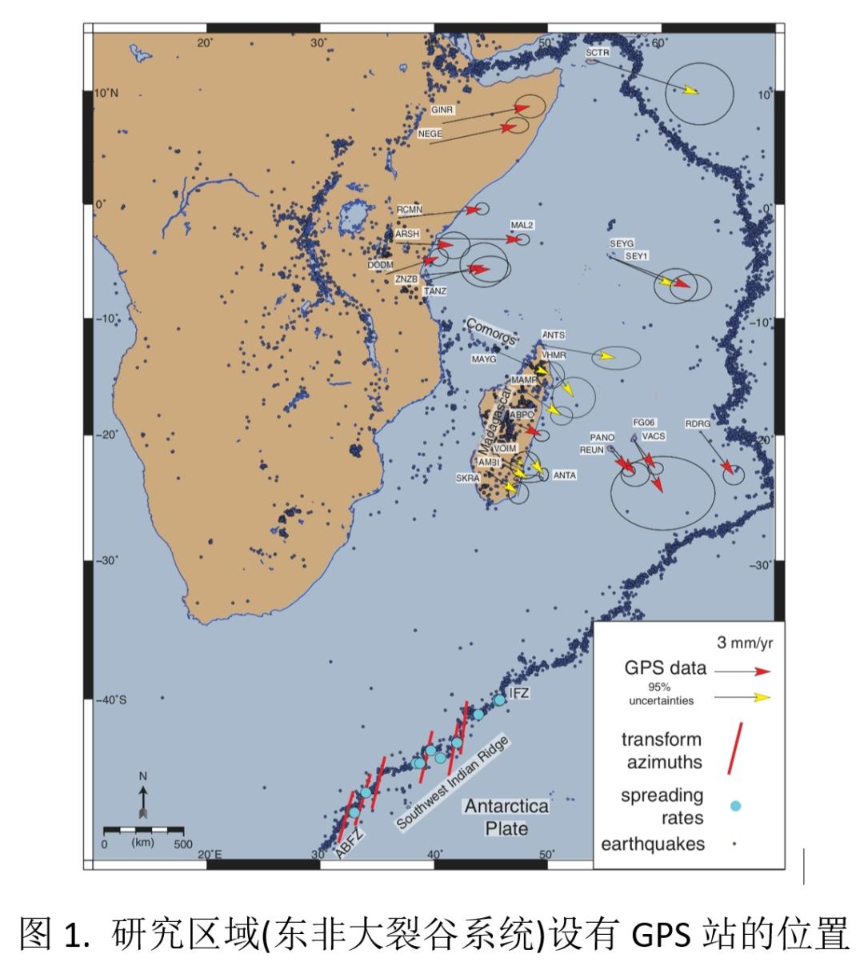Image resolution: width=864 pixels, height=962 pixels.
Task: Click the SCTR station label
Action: pos(597,53)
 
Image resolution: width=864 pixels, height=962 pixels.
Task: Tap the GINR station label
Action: pos(442,110)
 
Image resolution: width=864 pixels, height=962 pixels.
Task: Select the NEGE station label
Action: pos(430,134)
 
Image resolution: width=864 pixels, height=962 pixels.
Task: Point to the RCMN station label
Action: pos(409,210)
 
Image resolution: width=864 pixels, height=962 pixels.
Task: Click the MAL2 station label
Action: pos(522,226)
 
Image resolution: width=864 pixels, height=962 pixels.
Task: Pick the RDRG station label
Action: pos(698,424)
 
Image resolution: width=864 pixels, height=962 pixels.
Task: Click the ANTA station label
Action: pos(565,475)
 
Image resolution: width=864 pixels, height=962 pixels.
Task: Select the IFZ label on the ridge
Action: pos(518,692)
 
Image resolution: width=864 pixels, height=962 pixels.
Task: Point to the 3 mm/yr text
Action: pos(743,642)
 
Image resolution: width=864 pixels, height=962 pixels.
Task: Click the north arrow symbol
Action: pos(143,796)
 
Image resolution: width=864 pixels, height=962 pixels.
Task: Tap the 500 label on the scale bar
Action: pos(182,844)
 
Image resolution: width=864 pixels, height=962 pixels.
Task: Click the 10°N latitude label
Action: pos(106,93)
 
